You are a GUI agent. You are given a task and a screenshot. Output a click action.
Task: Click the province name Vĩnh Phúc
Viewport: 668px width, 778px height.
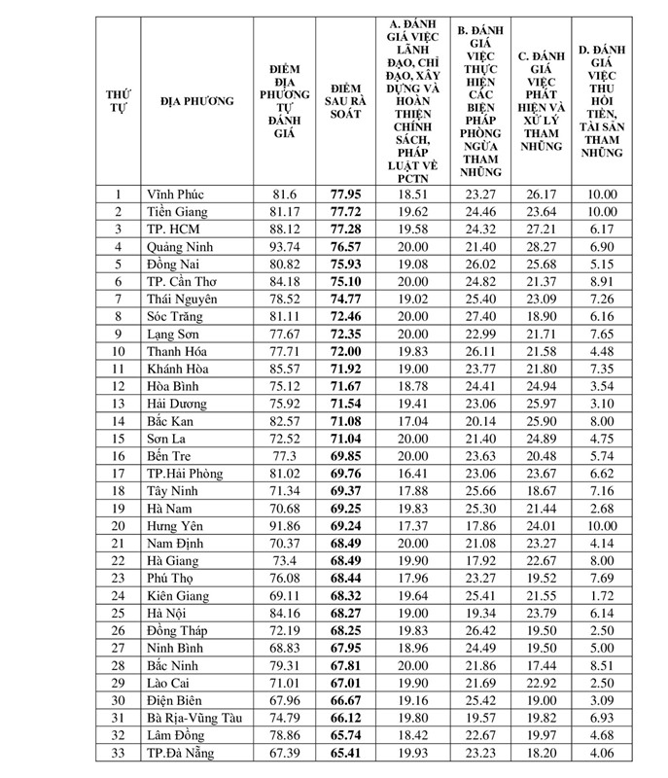[x=176, y=194]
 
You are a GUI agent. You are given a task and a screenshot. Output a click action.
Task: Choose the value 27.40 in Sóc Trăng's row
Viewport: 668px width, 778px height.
[x=476, y=316]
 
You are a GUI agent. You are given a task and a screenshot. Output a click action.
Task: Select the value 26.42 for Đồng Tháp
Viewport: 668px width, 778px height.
[x=476, y=629]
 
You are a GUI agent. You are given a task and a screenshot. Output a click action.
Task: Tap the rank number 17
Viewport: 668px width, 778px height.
[x=119, y=473]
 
